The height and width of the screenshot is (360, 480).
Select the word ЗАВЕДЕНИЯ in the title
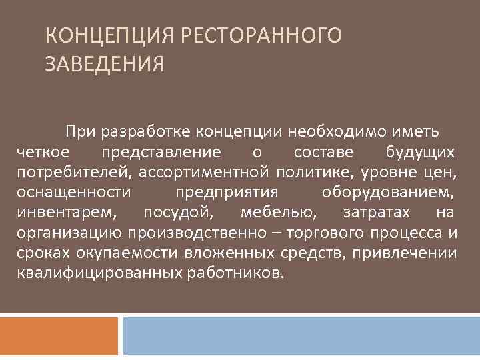(x=105, y=65)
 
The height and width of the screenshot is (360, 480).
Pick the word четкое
(x=41, y=153)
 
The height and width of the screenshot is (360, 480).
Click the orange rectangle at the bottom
(x=59, y=335)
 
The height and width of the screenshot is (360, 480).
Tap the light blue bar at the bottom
(x=301, y=335)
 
